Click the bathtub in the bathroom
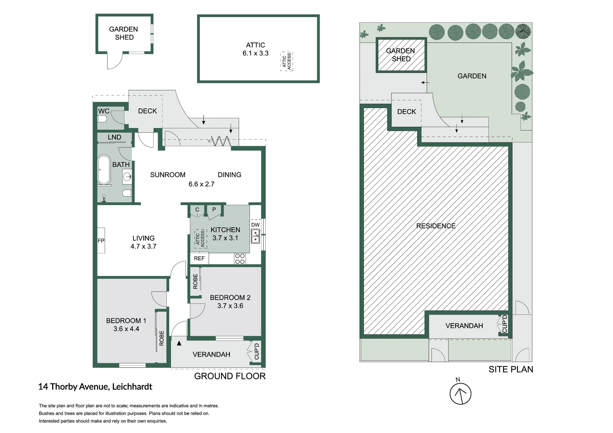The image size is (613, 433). point(104,170)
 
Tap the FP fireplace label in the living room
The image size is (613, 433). point(101,241)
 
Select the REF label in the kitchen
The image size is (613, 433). point(199,258)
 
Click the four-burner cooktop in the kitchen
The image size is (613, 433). point(240,259)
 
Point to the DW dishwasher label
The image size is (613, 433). point(255,225)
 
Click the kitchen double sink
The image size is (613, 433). point(255,236)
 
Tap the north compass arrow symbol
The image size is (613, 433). point(460,394)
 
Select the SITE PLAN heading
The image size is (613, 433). point(511,369)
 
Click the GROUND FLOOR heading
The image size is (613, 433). point(230,376)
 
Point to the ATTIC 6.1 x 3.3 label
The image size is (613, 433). point(256,49)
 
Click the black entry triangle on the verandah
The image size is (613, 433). point(179,343)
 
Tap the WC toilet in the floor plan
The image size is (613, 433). point(102,119)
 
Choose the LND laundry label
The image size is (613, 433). point(114,137)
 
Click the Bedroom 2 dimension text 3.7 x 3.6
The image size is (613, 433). point(230,306)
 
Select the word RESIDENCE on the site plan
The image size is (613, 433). point(436,226)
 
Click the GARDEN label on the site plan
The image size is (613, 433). point(472,76)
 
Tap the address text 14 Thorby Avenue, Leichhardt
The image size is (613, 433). point(95,387)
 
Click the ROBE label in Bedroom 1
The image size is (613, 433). point(162,338)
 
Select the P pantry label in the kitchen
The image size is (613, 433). point(214,209)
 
